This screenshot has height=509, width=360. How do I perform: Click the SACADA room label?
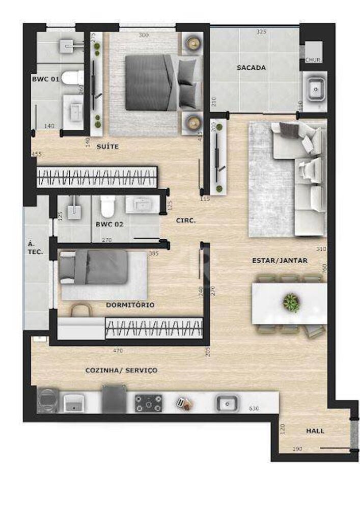point(251,67)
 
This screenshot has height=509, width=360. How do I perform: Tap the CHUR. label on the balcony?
point(313,60)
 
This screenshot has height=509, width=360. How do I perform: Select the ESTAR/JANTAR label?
point(280,260)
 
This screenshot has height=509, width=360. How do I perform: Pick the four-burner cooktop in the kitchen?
point(149,404)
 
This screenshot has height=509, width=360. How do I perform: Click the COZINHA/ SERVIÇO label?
point(121,370)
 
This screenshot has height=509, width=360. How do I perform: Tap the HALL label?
point(315,431)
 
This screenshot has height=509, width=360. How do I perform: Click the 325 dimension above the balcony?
point(261,32)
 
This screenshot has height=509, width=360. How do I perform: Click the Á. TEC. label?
point(35,248)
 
